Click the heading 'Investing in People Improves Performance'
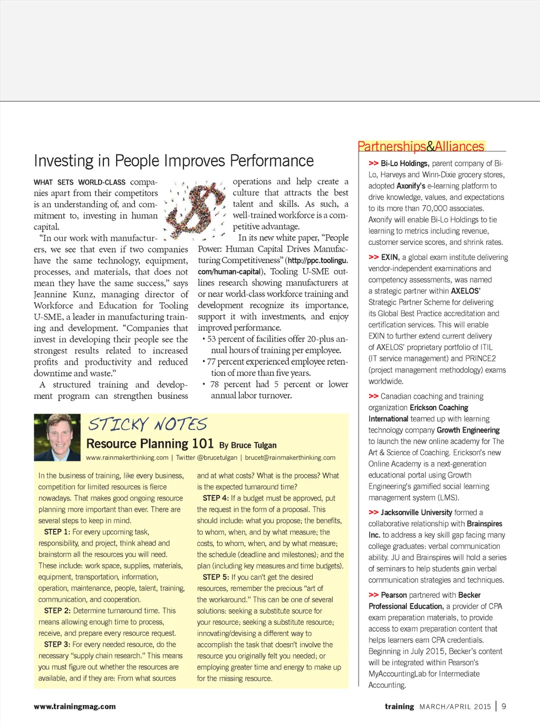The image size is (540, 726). click(173, 160)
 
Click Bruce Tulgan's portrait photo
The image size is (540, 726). click(57, 437)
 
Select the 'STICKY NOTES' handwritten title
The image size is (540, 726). click(148, 424)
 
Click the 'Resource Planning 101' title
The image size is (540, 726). click(150, 444)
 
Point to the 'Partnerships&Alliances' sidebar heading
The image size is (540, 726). click(421, 146)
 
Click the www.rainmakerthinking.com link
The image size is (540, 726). click(127, 457)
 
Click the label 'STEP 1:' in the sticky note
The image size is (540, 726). click(57, 532)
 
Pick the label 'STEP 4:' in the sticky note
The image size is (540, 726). click(216, 498)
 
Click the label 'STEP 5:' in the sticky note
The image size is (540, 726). click(216, 577)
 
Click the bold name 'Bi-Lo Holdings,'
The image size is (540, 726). click(404, 164)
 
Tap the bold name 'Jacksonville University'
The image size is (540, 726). click(416, 512)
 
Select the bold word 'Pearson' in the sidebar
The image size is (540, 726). click(394, 595)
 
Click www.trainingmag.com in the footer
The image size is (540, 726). click(75, 706)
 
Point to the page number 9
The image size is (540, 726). click(504, 706)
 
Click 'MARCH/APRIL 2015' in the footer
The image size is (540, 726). click(455, 706)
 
